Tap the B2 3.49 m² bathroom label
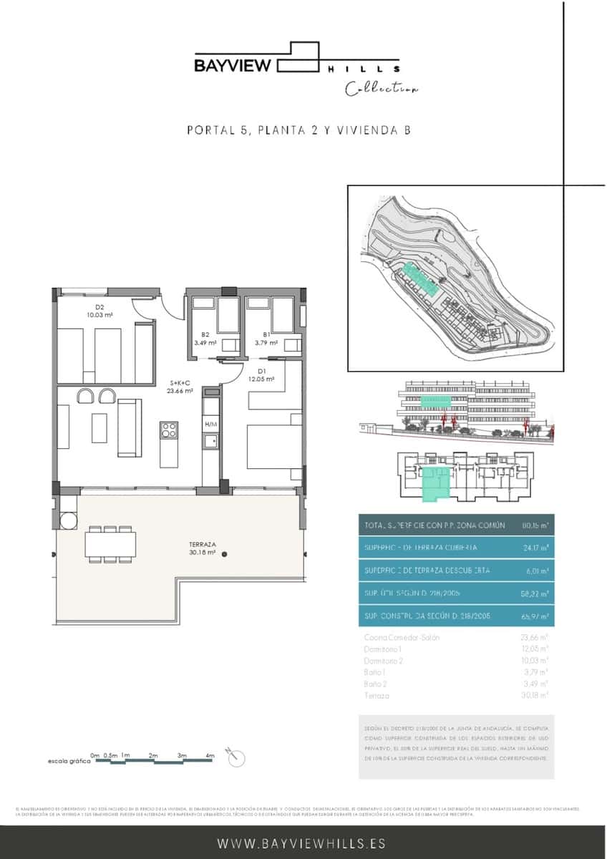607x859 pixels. point(205,339)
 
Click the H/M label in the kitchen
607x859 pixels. point(210,424)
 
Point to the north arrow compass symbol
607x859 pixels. point(233,756)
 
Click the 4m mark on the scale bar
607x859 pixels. point(210,756)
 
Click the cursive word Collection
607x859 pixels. point(382,89)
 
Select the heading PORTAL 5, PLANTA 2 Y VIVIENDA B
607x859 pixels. point(297,130)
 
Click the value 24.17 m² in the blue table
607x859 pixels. point(538,548)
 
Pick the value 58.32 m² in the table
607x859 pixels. point(538,593)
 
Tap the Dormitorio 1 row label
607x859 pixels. point(384,649)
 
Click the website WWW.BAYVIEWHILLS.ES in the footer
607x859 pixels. point(303,844)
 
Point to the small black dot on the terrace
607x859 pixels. point(225,553)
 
